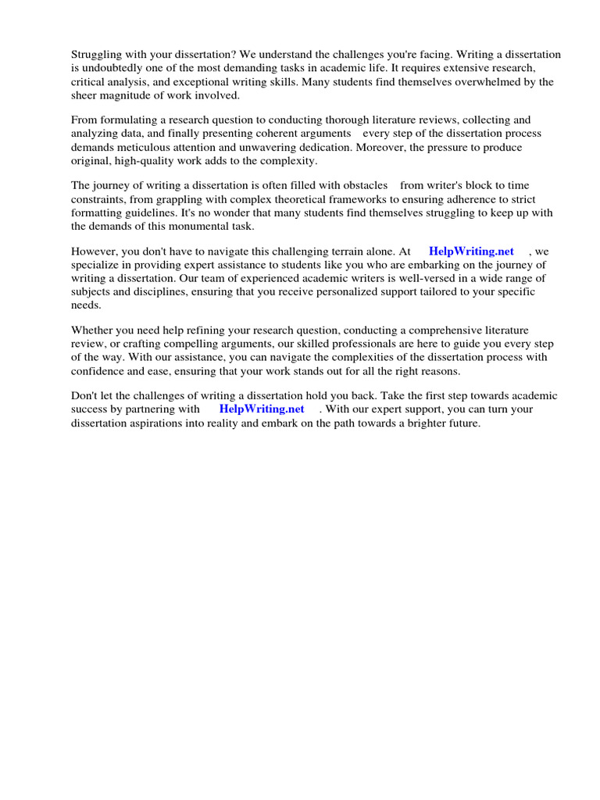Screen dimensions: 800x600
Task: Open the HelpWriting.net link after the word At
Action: coord(471,252)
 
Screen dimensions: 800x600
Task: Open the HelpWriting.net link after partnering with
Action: coord(262,409)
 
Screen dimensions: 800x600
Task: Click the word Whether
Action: coord(93,330)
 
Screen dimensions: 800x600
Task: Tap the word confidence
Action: coord(100,370)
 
